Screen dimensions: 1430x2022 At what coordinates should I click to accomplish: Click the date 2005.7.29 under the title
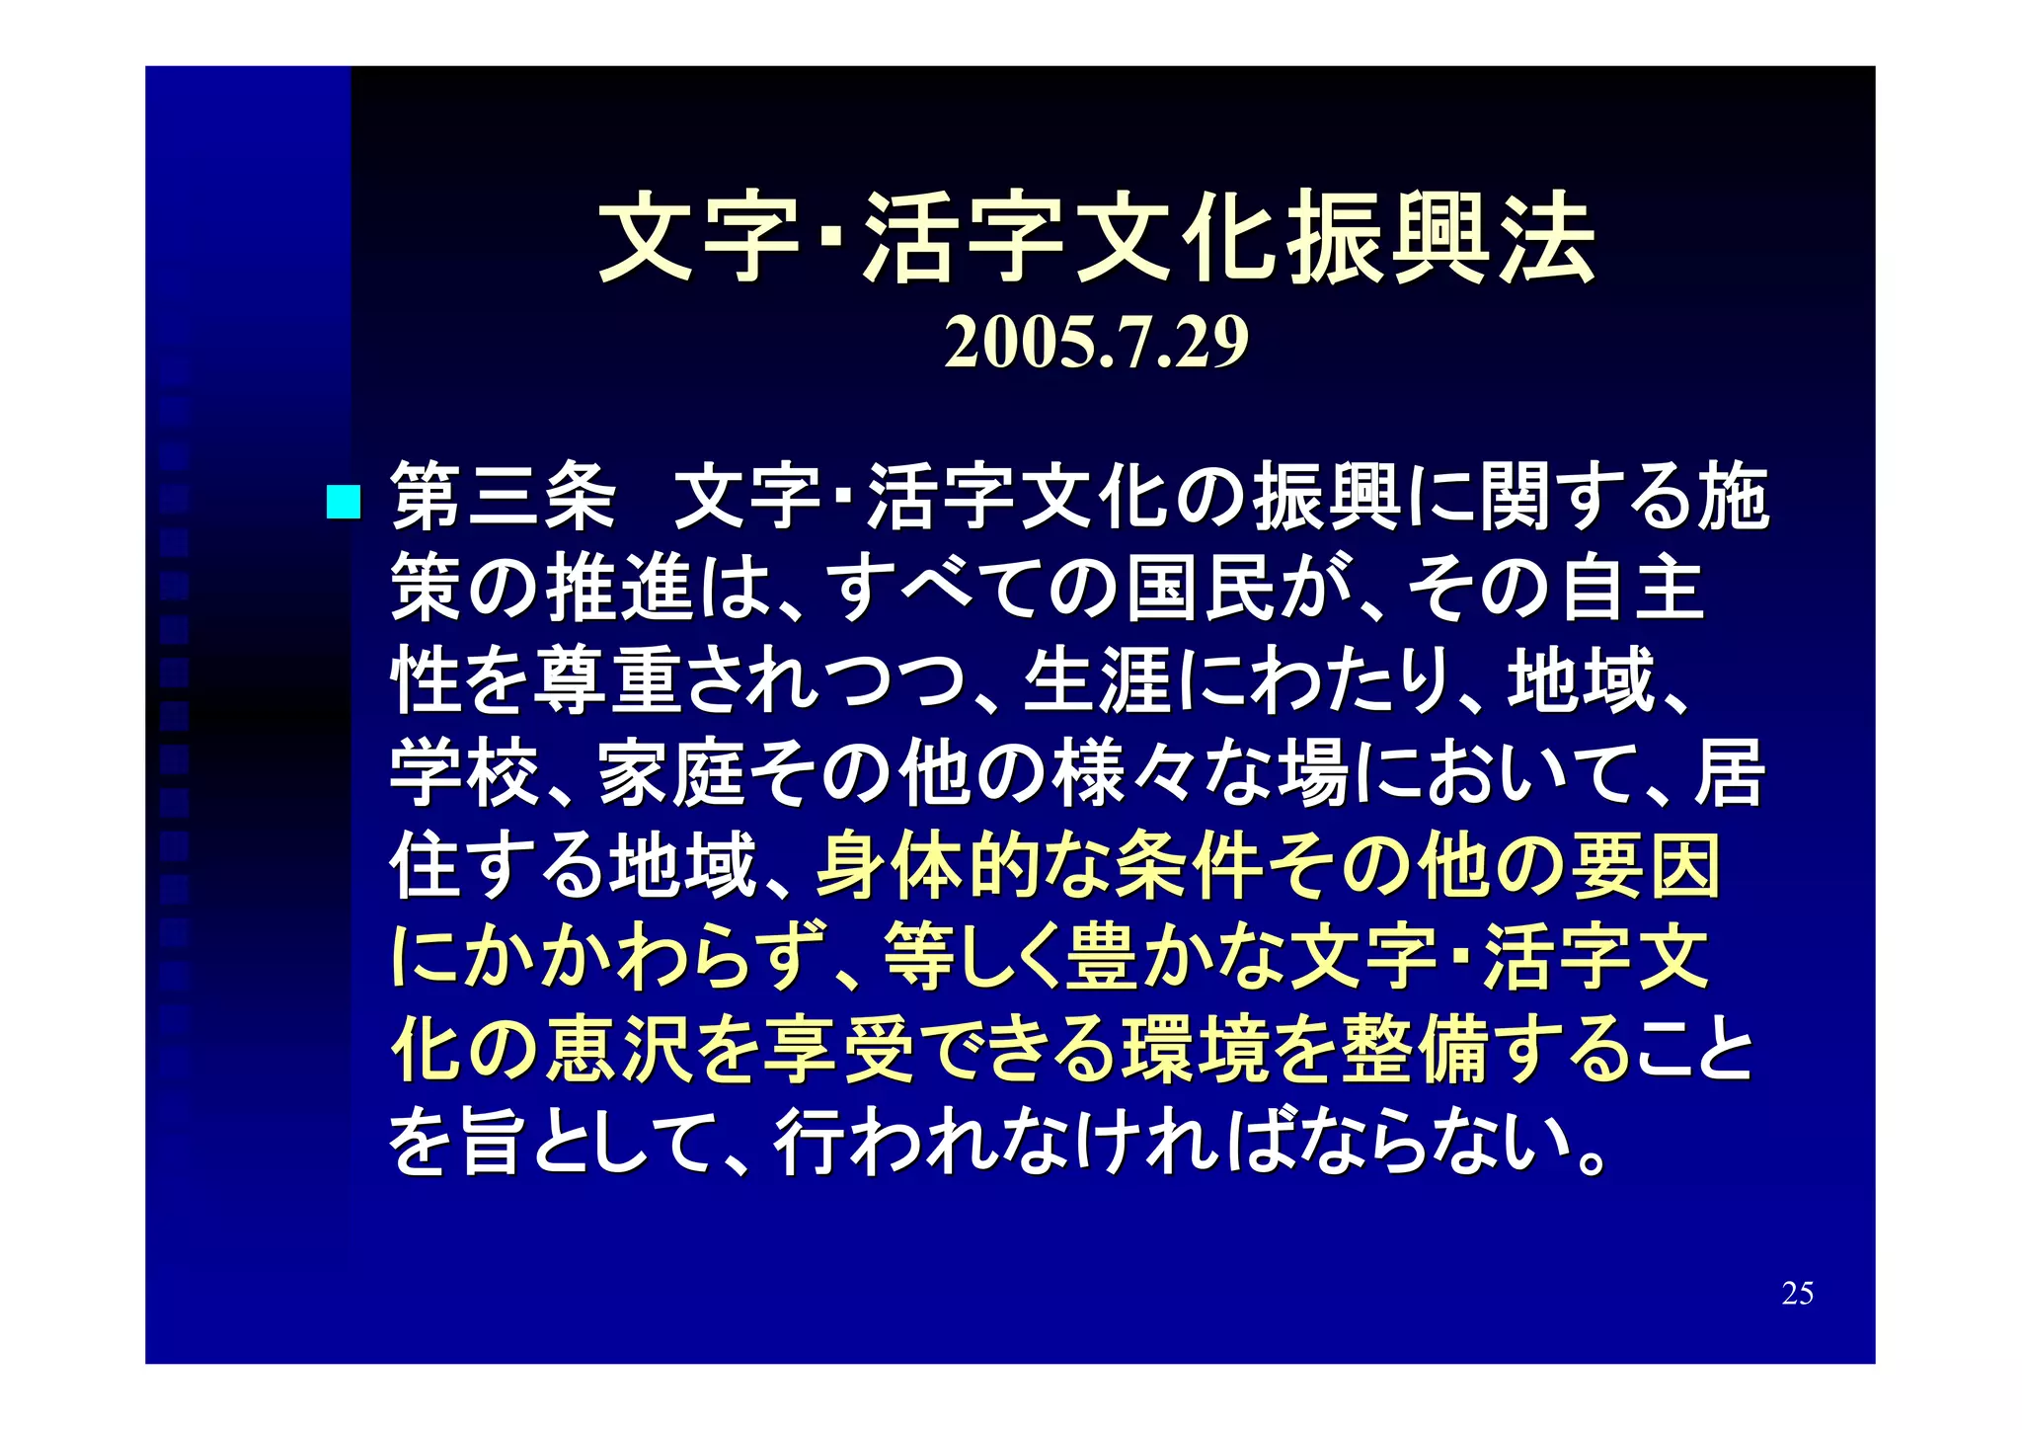[1096, 343]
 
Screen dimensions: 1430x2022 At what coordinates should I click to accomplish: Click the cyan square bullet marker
[343, 502]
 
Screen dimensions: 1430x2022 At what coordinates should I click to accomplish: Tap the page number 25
[1797, 1293]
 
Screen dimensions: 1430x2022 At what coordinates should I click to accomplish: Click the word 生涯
[1096, 681]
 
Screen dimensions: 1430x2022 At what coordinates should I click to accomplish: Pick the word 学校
[464, 773]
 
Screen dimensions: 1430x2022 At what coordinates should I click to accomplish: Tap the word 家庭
[671, 773]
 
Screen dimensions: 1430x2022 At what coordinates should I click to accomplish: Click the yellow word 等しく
[972, 958]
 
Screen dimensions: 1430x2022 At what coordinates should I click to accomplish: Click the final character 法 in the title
[1547, 238]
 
